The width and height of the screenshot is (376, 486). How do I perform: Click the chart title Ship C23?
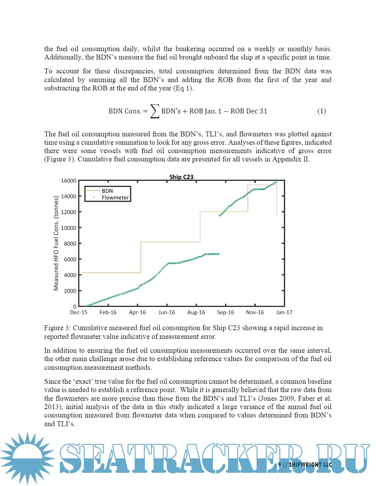click(181, 177)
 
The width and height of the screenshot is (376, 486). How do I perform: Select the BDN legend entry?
click(107, 191)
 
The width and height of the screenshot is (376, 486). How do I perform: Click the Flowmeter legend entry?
click(115, 198)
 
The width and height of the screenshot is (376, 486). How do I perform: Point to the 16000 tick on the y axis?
click(69, 181)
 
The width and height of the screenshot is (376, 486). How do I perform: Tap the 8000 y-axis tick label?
click(70, 244)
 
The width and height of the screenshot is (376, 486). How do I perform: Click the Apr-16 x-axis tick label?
click(137, 312)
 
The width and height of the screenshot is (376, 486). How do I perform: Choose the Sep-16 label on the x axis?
click(226, 312)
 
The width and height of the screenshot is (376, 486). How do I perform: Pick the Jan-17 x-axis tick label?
click(284, 312)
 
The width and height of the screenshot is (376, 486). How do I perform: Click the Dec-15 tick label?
click(79, 312)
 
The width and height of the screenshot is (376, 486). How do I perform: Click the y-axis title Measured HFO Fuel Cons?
click(56, 243)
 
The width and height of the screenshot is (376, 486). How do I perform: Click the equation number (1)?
click(321, 111)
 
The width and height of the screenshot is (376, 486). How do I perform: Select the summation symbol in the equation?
click(155, 111)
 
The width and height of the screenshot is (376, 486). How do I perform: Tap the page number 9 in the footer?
click(280, 464)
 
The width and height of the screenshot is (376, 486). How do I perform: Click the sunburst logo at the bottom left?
click(28, 458)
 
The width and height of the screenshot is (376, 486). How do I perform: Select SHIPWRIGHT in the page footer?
click(305, 464)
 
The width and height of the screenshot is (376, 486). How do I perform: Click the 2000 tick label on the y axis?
click(70, 291)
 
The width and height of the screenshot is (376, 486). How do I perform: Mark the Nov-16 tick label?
click(255, 312)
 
